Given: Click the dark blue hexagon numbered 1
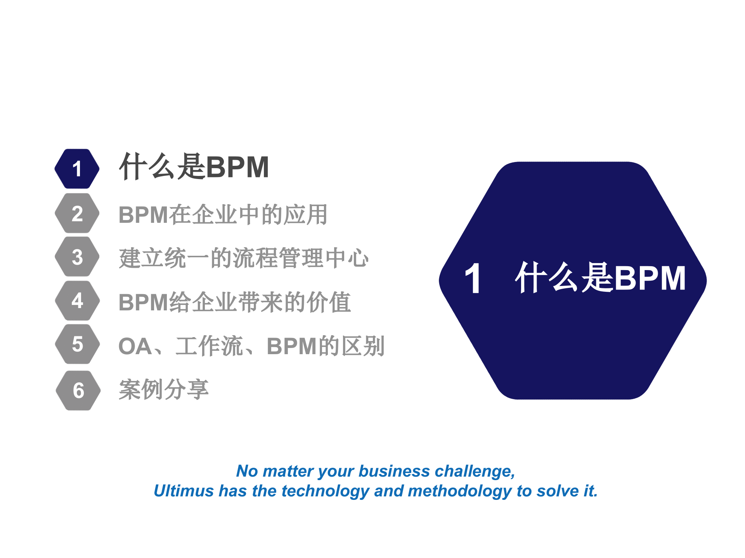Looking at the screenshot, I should pos(77,169).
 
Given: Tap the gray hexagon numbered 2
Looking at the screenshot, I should pos(77,214).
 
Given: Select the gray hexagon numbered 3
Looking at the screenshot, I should pos(77,257).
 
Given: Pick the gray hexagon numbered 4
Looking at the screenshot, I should pos(77,301).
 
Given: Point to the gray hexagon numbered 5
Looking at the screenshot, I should pos(77,344).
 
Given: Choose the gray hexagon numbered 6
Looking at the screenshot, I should pos(78,390).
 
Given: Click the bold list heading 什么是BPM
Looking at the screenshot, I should pos(194,167).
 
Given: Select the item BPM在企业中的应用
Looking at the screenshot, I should pos(223,215).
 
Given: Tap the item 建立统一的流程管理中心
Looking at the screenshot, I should pos(244,258).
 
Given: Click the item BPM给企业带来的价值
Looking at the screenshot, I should pos(235,302).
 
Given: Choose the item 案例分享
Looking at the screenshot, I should pos(164,389).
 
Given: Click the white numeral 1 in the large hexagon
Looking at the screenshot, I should pos(473,279).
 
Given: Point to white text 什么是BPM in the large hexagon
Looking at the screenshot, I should pos(600,277).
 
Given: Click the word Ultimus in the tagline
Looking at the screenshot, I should pos(183,491).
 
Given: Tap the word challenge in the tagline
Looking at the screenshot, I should pos(475,471).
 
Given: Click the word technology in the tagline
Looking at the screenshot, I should pos(325,491).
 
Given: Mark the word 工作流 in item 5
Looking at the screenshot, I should pos(209,346).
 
